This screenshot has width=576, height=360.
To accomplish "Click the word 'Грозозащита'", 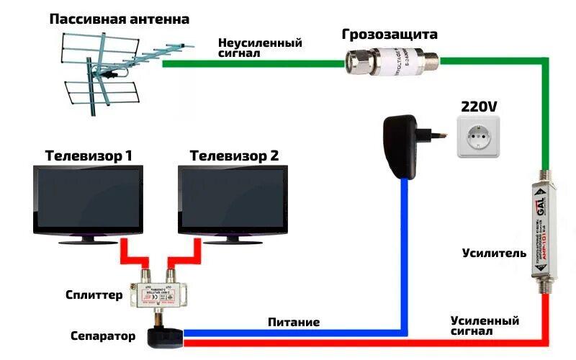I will tap(390, 35).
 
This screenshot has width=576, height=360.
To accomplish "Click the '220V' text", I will tap(478, 107).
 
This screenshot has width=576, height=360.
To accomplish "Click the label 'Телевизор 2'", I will tap(234, 156).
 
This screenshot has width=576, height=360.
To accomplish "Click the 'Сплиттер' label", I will tap(94, 295).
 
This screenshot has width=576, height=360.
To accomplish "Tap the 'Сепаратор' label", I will tap(103, 336).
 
